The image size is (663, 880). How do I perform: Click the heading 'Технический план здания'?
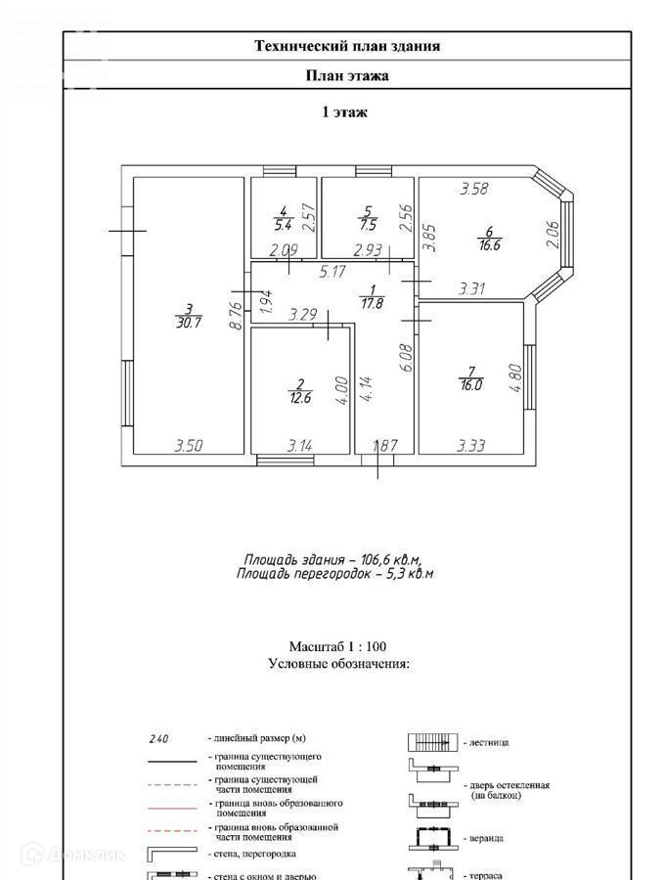[347, 46]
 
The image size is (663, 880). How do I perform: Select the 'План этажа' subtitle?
[347, 76]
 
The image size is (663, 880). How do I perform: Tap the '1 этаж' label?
[345, 112]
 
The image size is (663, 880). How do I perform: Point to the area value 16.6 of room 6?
[490, 245]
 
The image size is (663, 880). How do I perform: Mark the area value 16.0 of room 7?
[471, 385]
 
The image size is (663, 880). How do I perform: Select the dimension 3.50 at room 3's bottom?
[189, 446]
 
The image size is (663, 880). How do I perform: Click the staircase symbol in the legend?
[428, 743]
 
